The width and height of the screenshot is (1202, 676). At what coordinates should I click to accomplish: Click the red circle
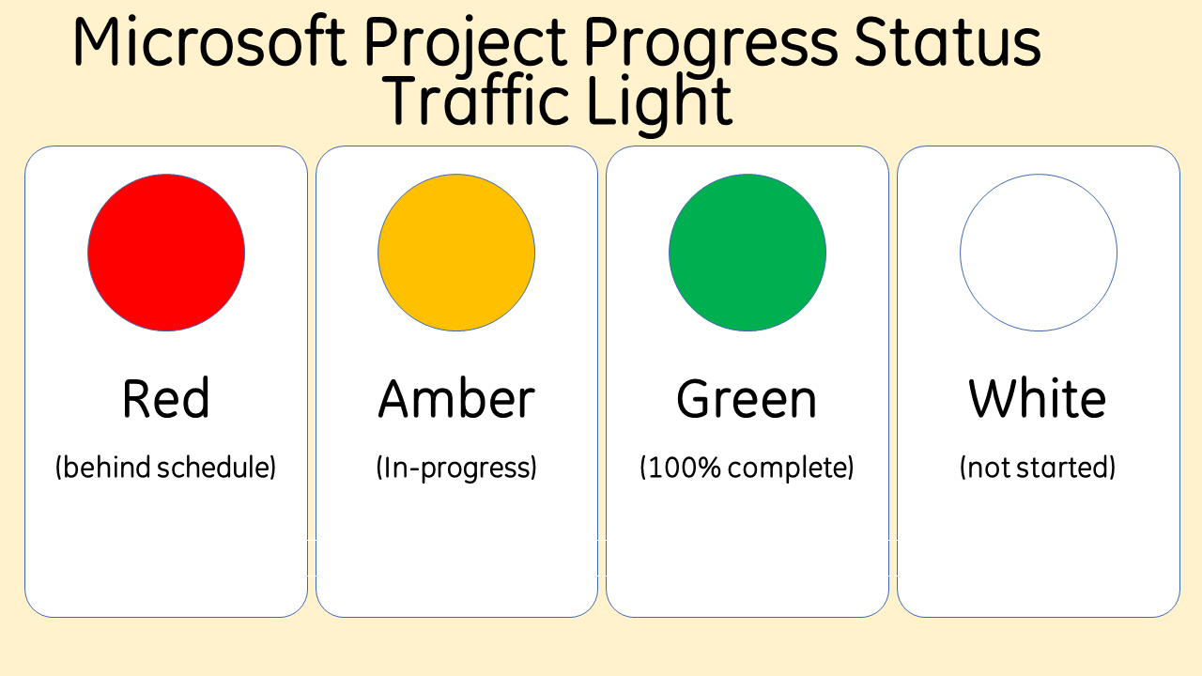pyautogui.click(x=166, y=253)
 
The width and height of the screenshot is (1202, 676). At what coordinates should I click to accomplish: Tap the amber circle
pyautogui.click(x=456, y=253)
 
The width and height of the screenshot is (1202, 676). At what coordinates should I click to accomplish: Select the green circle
pyautogui.click(x=747, y=253)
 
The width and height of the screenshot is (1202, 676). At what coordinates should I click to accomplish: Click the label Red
pyautogui.click(x=166, y=398)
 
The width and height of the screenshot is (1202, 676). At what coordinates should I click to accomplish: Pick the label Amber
pyautogui.click(x=456, y=398)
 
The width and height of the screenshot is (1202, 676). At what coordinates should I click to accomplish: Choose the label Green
pyautogui.click(x=747, y=398)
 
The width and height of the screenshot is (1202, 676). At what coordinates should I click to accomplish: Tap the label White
pyautogui.click(x=1038, y=398)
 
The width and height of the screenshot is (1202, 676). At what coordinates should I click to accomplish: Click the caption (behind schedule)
pyautogui.click(x=166, y=468)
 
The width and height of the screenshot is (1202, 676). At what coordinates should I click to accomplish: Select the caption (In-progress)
pyautogui.click(x=456, y=468)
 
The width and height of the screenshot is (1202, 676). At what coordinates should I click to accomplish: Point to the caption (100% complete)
pyautogui.click(x=747, y=468)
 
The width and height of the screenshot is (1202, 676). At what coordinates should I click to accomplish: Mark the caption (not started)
pyautogui.click(x=1038, y=468)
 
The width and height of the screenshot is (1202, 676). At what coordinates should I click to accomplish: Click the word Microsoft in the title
pyautogui.click(x=209, y=42)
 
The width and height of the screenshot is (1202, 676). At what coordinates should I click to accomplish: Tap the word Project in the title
pyautogui.click(x=465, y=47)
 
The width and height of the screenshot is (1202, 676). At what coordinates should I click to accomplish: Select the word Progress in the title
pyautogui.click(x=711, y=47)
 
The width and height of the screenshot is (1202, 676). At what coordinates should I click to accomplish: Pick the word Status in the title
pyautogui.click(x=948, y=42)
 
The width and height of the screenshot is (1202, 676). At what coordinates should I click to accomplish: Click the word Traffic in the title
pyautogui.click(x=475, y=100)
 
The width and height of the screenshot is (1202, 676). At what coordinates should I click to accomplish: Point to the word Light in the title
pyautogui.click(x=660, y=105)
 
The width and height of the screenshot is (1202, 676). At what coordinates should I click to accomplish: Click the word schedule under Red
pyautogui.click(x=217, y=468)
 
